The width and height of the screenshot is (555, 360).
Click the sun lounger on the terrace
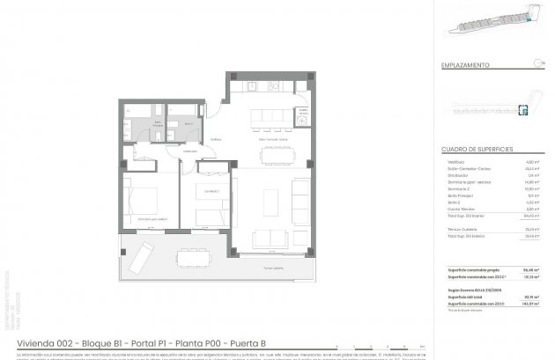point(137,257)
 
